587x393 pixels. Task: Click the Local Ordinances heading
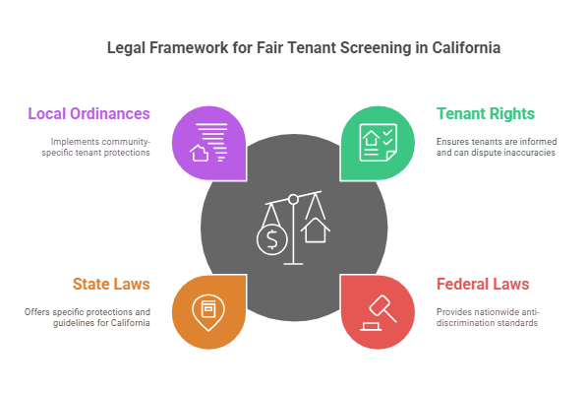click(x=88, y=113)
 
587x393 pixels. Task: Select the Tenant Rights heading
click(x=486, y=113)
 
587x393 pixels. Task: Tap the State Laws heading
click(x=111, y=284)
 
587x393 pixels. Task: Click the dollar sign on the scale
click(x=272, y=239)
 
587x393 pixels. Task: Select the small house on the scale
click(x=316, y=230)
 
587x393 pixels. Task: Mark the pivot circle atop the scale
click(x=293, y=200)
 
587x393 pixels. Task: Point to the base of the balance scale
click(x=293, y=263)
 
